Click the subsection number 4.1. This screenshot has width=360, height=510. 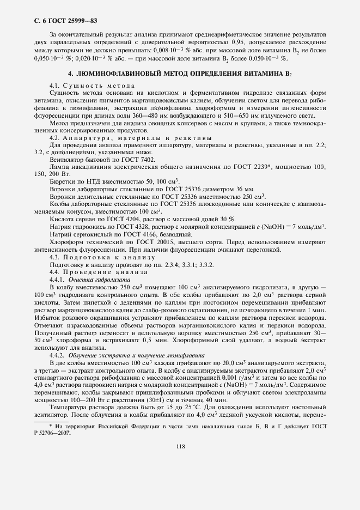55,86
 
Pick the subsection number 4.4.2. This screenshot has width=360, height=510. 58,354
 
